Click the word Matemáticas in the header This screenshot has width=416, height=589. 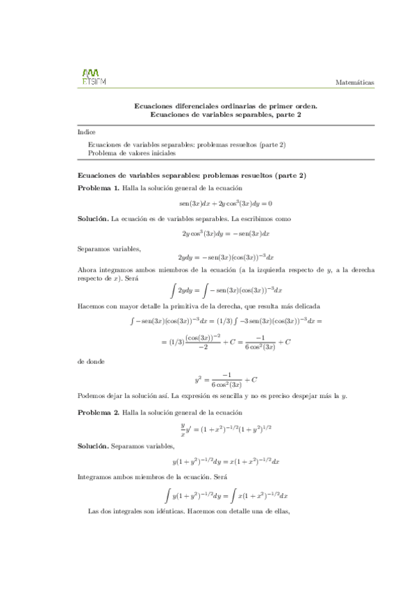tap(354, 82)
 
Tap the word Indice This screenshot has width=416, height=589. tap(87, 132)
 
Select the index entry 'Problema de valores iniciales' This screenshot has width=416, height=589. tap(132, 153)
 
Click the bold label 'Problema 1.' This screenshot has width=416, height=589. tap(99, 188)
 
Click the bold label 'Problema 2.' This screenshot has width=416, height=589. tap(99, 413)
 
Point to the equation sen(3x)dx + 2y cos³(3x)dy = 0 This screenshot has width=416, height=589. tap(225, 203)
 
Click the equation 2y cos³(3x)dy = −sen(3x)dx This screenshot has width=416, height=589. tap(225, 233)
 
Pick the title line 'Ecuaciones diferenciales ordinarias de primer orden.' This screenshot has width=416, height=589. tap(225, 106)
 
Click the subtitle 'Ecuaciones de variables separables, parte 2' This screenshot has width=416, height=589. tap(225, 115)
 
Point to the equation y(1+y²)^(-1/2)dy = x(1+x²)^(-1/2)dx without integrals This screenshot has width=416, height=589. tap(225, 461)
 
